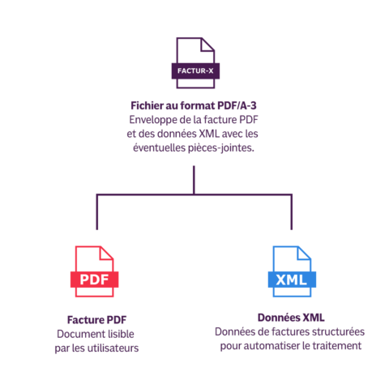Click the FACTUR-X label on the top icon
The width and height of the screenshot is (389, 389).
coord(194,71)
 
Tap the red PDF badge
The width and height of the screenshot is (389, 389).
coord(96,280)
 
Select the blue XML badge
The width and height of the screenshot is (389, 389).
coord(291,280)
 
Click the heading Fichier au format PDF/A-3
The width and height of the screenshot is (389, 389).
coord(194,105)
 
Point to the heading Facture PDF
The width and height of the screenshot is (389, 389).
coord(97,320)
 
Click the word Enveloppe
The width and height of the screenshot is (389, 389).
coord(152,119)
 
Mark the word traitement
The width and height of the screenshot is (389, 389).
coord(335,346)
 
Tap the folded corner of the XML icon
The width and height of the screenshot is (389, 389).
coord(306,254)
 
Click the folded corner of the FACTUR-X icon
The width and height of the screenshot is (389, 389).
coord(209,45)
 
